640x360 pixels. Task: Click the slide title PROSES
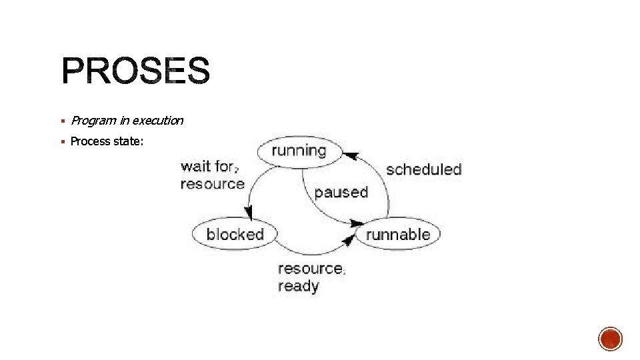click(x=135, y=71)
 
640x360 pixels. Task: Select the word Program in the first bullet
click(x=93, y=121)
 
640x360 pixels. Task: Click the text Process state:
click(x=107, y=141)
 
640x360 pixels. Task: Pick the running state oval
click(x=299, y=151)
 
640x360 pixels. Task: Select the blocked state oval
click(x=235, y=234)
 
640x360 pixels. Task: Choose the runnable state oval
click(x=398, y=234)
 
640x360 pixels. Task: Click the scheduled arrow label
click(x=423, y=169)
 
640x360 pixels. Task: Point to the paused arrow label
click(x=341, y=192)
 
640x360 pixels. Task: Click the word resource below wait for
click(x=212, y=183)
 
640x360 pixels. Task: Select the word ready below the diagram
click(x=298, y=286)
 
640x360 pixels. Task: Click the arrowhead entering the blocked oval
click(x=249, y=213)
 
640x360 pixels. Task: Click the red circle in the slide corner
click(x=610, y=339)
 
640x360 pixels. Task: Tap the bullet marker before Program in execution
click(x=62, y=121)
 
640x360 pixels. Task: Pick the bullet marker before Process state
click(x=62, y=141)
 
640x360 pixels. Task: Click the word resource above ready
click(x=310, y=269)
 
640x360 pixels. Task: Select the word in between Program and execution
click(x=124, y=121)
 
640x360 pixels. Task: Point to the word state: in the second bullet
click(x=129, y=141)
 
